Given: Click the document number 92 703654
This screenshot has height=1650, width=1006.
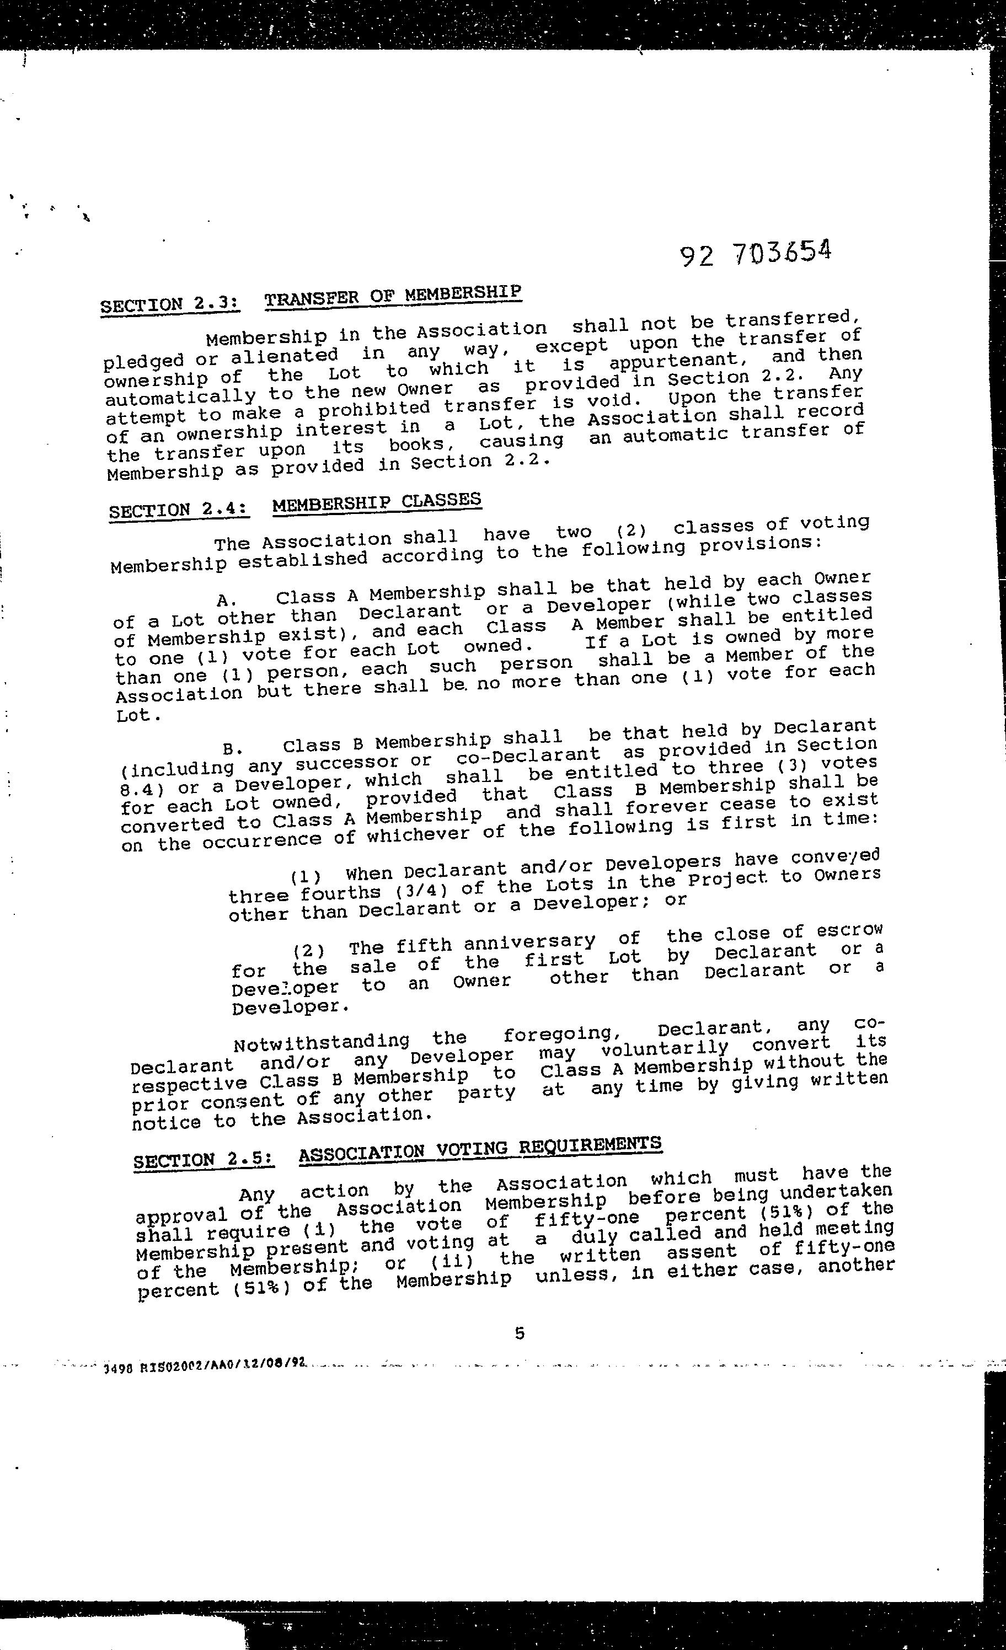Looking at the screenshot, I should tap(755, 253).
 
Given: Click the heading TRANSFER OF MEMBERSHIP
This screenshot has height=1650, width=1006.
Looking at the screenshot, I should tap(393, 296).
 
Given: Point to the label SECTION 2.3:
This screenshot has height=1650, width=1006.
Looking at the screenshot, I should tap(169, 304).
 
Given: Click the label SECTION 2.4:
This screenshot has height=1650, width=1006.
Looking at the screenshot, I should tap(179, 510).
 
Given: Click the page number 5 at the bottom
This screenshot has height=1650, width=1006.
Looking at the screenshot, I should tap(519, 1333).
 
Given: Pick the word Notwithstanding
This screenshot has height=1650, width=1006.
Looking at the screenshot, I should tap(322, 1042).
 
